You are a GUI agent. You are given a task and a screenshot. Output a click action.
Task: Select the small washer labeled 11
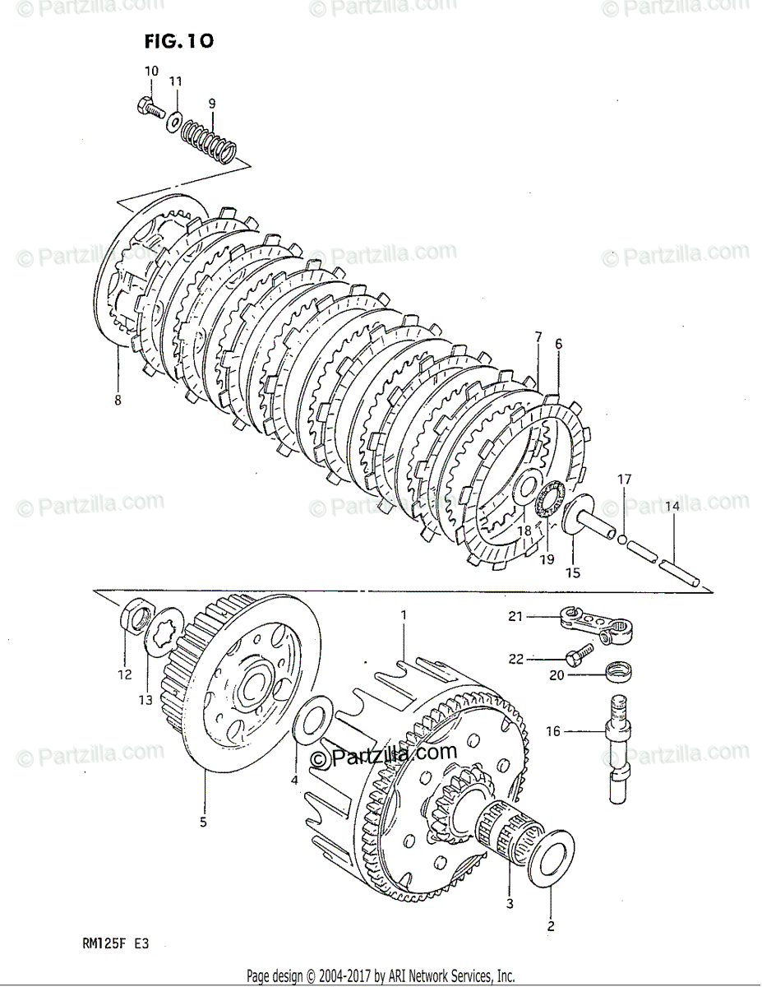174,120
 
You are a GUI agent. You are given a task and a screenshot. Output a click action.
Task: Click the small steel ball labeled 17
625,540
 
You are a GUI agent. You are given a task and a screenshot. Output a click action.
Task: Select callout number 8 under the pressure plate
117,401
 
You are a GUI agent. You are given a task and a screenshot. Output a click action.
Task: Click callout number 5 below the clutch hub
203,821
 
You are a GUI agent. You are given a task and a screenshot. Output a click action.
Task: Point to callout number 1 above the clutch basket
404,614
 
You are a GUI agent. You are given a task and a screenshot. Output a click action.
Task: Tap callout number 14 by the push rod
672,507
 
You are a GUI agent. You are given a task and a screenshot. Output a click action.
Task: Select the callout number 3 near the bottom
509,905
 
